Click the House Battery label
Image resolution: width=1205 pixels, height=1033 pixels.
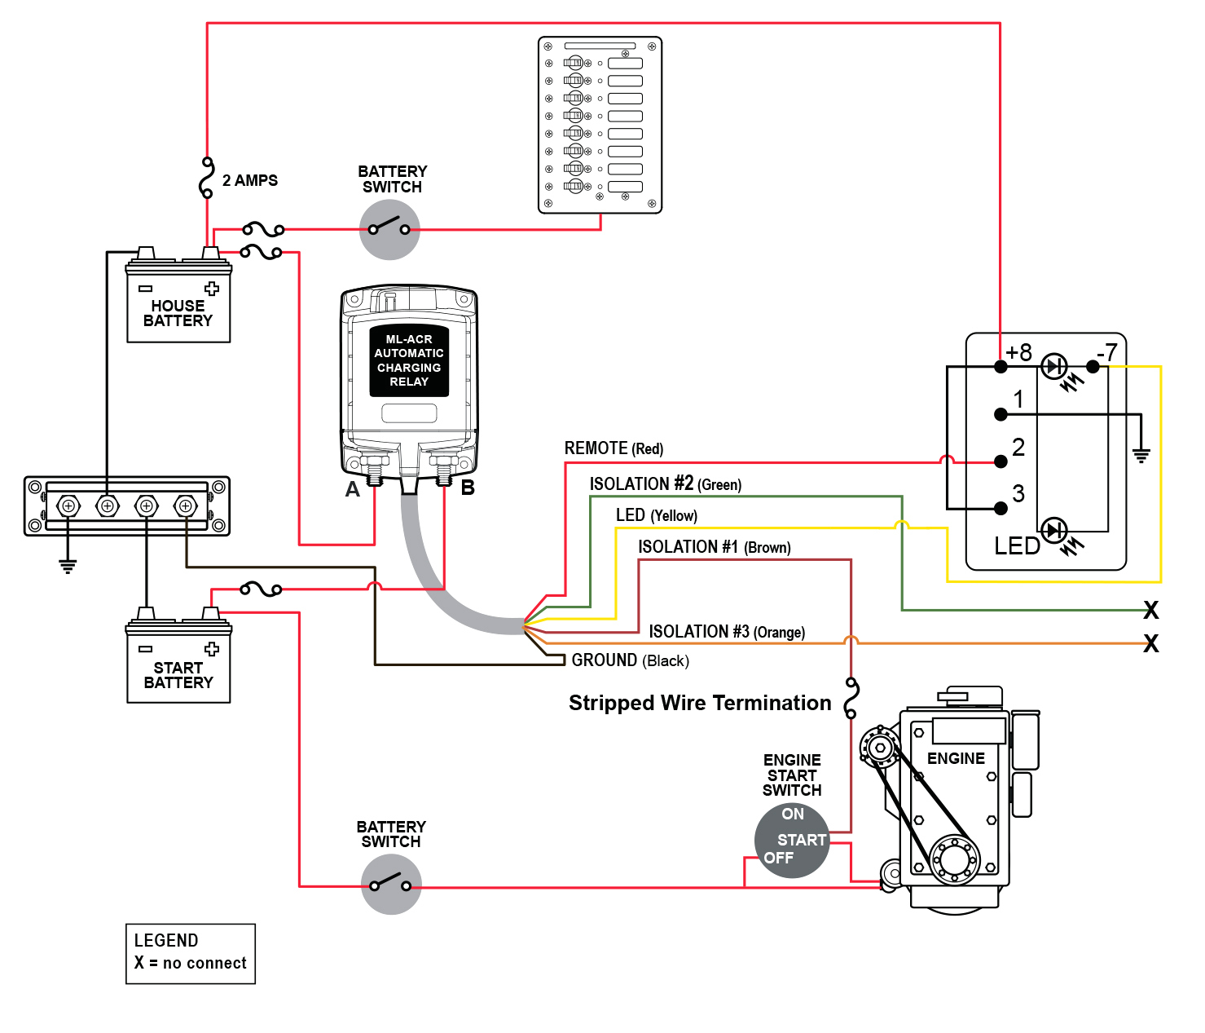178,313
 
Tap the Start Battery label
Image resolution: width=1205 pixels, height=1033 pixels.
178,675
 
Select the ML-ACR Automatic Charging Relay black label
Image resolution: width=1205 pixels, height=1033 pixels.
409,360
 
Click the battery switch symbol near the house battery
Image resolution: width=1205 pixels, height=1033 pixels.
389,229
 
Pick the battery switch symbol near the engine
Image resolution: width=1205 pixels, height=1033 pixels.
391,885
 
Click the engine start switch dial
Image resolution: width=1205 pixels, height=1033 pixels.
791,841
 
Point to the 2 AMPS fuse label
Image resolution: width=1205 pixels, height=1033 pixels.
249,180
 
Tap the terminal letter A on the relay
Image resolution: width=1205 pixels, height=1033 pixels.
352,489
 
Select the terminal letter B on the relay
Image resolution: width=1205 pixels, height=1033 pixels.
468,488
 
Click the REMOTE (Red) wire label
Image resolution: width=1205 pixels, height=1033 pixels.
613,448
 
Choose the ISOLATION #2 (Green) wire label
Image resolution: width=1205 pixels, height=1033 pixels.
665,484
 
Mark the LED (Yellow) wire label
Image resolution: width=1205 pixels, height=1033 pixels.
656,515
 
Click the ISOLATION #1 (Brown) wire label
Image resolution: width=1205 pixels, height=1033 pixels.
714,547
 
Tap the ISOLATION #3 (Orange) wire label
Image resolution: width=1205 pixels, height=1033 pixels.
726,632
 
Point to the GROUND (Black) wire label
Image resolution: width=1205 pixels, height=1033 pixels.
630,660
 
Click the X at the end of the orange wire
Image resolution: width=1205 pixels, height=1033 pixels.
1150,644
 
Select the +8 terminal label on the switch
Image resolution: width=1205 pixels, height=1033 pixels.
1018,352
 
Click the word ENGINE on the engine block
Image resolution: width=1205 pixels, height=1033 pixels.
956,758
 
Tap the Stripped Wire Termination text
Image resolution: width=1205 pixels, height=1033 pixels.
699,703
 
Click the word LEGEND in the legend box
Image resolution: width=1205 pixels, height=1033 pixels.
166,940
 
